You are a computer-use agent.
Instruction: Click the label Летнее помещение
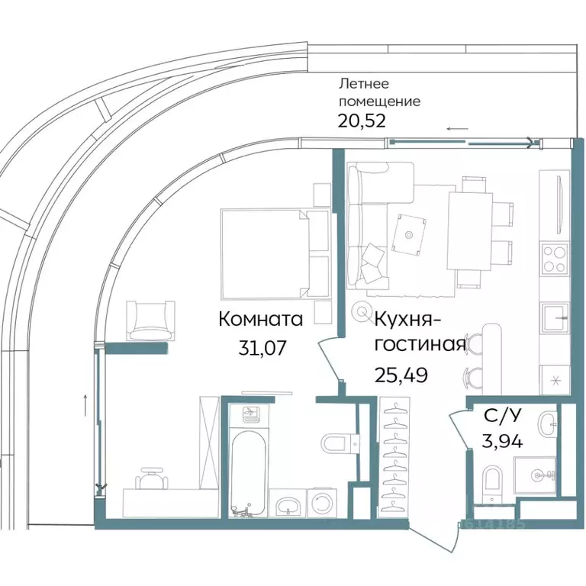pyautogui.click(x=378, y=93)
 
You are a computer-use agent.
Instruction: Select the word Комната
pyautogui.click(x=260, y=319)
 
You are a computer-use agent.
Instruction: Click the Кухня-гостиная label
pyautogui.click(x=419, y=330)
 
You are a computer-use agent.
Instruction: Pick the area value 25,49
pyautogui.click(x=401, y=374)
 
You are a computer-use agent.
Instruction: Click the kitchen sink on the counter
pyautogui.click(x=554, y=314)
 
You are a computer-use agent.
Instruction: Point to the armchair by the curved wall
pyautogui.click(x=148, y=319)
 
